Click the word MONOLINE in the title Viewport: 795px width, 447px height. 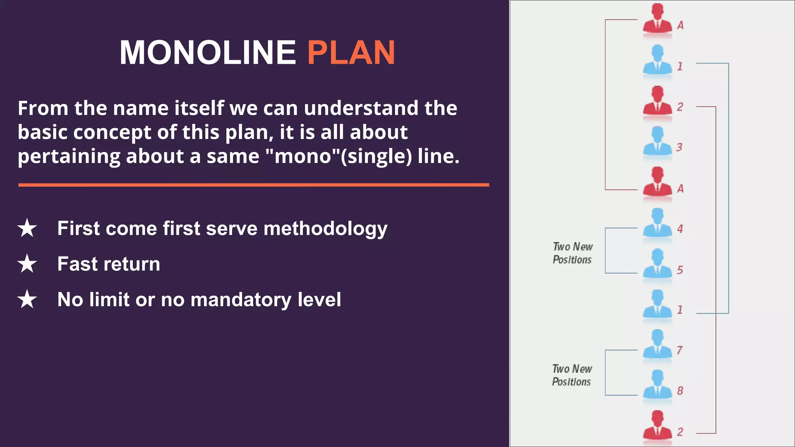(208, 52)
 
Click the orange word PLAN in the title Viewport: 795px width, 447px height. (351, 52)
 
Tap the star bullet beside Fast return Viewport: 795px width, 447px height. (27, 264)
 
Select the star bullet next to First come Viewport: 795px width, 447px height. (27, 228)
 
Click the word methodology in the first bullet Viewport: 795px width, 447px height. (325, 229)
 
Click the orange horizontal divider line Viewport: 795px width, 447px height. (253, 185)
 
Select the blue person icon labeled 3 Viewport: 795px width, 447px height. (657, 141)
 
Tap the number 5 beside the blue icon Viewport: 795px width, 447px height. (680, 270)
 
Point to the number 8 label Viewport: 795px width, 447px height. (680, 391)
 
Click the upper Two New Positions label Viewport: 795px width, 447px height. (573, 253)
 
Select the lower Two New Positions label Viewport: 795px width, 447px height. (572, 375)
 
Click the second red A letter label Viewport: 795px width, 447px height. (680, 189)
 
